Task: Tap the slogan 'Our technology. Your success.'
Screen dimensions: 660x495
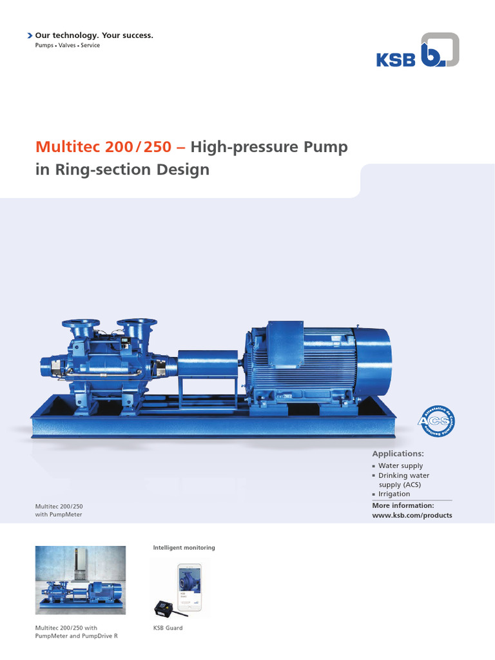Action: pyautogui.click(x=94, y=35)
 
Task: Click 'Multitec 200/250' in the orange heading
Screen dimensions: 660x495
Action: pyautogui.click(x=103, y=147)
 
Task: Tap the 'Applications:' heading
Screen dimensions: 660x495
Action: pyautogui.click(x=398, y=454)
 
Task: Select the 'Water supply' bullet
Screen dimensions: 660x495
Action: pyautogui.click(x=401, y=465)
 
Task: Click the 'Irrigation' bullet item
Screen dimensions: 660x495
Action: pyautogui.click(x=394, y=494)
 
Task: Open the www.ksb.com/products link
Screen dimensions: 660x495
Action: pyautogui.click(x=412, y=515)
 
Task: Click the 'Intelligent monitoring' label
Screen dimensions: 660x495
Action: pyautogui.click(x=184, y=547)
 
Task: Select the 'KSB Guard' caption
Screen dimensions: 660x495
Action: pyautogui.click(x=168, y=628)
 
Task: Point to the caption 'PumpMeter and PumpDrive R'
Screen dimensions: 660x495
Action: pyautogui.click(x=76, y=636)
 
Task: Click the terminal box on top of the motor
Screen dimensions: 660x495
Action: pyautogui.click(x=284, y=336)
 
